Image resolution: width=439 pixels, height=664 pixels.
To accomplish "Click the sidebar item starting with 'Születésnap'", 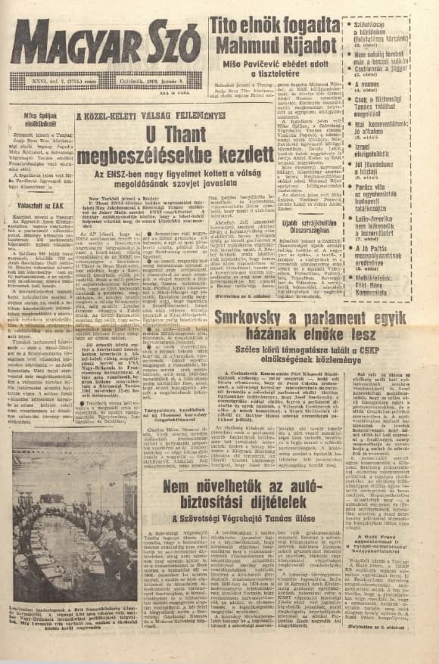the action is click(386, 21).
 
